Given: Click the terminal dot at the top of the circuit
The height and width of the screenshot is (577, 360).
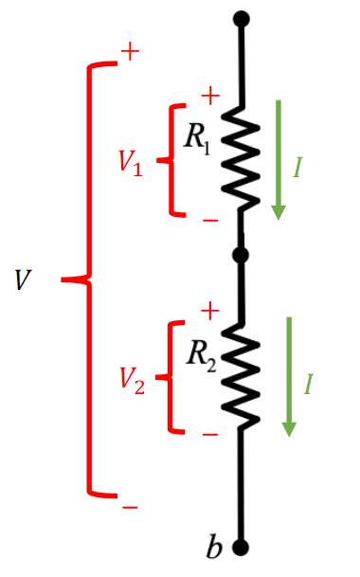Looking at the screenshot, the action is (x=242, y=19).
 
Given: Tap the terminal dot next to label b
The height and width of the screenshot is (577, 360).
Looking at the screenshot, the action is (x=241, y=548).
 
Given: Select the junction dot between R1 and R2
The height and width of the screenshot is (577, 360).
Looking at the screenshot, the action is (x=241, y=255).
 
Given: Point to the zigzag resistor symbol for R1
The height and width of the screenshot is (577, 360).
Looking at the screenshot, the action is (x=241, y=159).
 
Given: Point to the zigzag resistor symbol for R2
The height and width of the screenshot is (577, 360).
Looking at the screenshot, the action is (x=241, y=376).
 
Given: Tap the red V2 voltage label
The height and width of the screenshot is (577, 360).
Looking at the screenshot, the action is (x=133, y=381).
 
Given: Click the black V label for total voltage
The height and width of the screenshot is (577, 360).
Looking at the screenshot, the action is (x=23, y=280).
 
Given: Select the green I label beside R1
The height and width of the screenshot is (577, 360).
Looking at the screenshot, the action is (x=297, y=168).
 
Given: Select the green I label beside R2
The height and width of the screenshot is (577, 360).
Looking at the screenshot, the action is (x=309, y=384).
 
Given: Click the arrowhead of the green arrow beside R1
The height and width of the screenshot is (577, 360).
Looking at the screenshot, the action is (x=279, y=212).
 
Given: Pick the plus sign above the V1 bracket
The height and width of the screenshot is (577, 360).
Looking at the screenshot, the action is (x=210, y=96).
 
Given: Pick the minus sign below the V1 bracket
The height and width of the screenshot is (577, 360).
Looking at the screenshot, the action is (x=210, y=221).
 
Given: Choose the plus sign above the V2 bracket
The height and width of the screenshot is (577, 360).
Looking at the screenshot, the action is (x=210, y=312).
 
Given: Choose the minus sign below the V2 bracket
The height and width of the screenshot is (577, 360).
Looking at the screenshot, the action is (x=210, y=435).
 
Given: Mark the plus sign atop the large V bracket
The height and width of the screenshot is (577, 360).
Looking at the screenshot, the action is (x=131, y=51).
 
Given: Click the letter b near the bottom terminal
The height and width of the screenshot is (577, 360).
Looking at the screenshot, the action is (x=214, y=547).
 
